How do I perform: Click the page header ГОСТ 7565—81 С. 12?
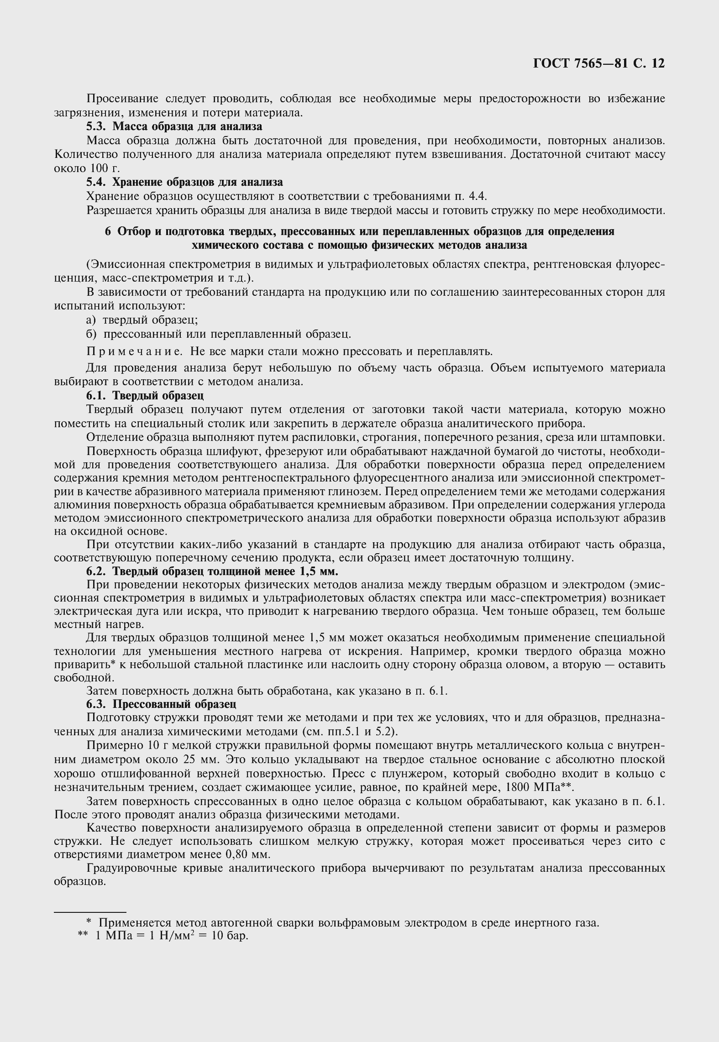coord(598,63)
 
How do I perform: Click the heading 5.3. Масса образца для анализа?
coord(174,126)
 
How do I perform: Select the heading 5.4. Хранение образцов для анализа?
coord(184,182)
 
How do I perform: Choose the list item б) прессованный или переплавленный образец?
coord(219,334)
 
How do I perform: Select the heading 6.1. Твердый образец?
coord(145,395)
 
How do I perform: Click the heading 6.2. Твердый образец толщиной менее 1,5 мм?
coord(212,571)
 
